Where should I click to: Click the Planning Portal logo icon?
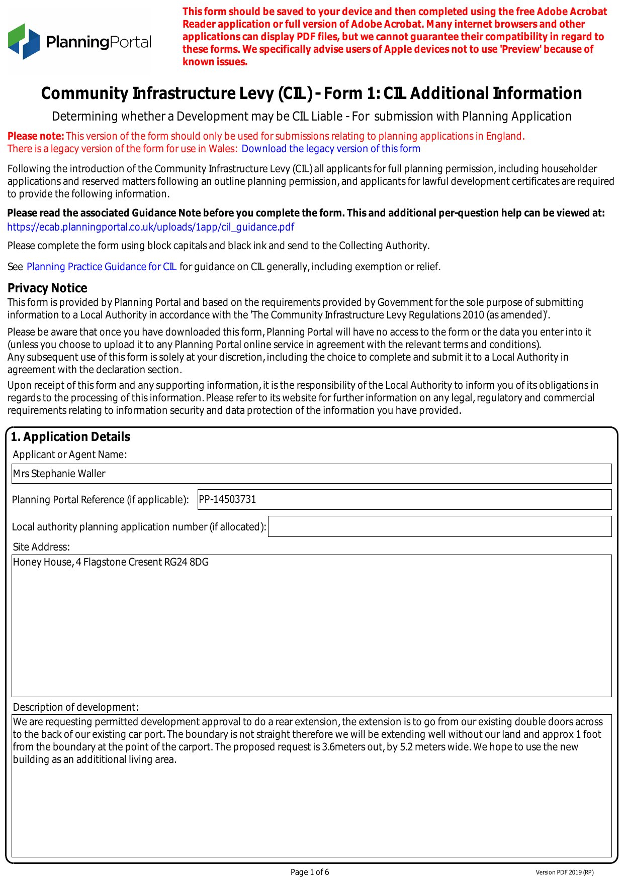pyautogui.click(x=24, y=41)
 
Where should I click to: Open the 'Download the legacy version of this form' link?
pyautogui.click(x=330, y=149)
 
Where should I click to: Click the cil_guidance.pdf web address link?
pyautogui.click(x=150, y=227)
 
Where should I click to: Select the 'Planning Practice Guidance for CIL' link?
pyautogui.click(x=101, y=267)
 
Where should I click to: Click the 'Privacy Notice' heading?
pyautogui.click(x=47, y=288)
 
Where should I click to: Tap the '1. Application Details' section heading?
pyautogui.click(x=70, y=437)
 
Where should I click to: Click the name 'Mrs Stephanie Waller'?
pyautogui.click(x=59, y=474)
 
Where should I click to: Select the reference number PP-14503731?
pyautogui.click(x=227, y=499)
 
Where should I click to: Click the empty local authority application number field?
pyautogui.click(x=439, y=526)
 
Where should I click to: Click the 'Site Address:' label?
pyautogui.click(x=41, y=547)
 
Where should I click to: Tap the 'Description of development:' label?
pyautogui.click(x=75, y=707)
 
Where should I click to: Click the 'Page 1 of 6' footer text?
pyautogui.click(x=310, y=872)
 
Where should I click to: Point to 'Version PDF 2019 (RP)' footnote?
pyautogui.click(x=564, y=872)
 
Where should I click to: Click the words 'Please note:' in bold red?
pyautogui.click(x=36, y=136)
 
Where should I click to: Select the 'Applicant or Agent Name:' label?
pyautogui.click(x=70, y=455)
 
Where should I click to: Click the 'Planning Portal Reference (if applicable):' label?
pyautogui.click(x=100, y=500)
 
